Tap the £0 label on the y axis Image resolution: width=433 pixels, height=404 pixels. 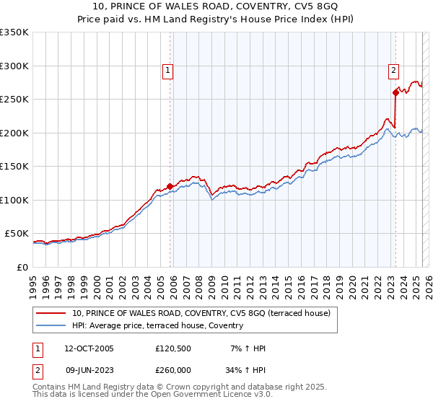click(x=22, y=267)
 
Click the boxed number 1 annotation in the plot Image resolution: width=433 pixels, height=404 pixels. click(x=167, y=71)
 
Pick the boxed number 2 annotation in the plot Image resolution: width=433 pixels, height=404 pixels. click(x=393, y=71)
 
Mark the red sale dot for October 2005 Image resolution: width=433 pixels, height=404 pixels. click(x=170, y=186)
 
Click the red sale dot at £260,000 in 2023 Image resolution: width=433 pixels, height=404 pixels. click(x=395, y=92)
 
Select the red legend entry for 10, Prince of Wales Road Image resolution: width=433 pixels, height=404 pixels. click(x=201, y=313)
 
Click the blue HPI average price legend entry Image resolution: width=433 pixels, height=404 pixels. click(x=157, y=325)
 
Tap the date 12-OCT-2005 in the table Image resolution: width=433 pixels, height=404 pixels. click(x=89, y=348)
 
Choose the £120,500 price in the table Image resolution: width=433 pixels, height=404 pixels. click(x=172, y=348)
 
